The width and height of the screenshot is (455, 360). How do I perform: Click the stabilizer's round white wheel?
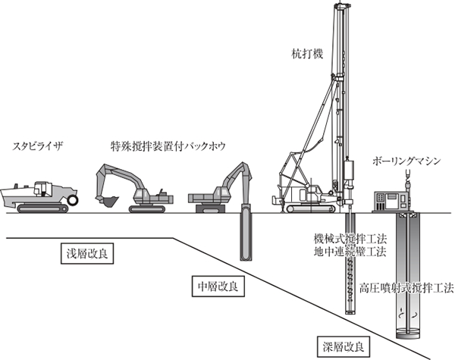pyautogui.click(x=74, y=200)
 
